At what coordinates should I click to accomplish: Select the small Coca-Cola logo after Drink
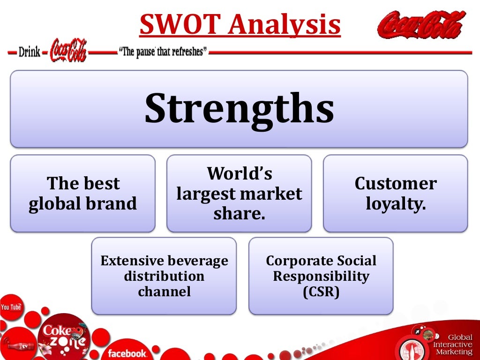pyautogui.click(x=68, y=51)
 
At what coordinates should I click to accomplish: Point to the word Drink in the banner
pyautogui.click(x=29, y=52)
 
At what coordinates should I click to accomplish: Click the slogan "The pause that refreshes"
pyautogui.click(x=164, y=52)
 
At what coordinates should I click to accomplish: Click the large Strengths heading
pyautogui.click(x=239, y=109)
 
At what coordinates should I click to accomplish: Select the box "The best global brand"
pyautogui.click(x=82, y=193)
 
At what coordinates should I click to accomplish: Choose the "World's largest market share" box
pyautogui.click(x=239, y=193)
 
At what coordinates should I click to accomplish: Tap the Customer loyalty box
pyautogui.click(x=395, y=193)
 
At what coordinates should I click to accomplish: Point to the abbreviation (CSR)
pyautogui.click(x=321, y=292)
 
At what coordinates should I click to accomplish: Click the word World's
pyautogui.click(x=240, y=174)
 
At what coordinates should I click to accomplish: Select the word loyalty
pyautogui.click(x=395, y=204)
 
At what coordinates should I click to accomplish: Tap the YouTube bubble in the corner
pyautogui.click(x=11, y=307)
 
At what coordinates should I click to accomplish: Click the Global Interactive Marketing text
pyautogui.click(x=453, y=345)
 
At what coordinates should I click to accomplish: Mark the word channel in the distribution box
pyautogui.click(x=164, y=292)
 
